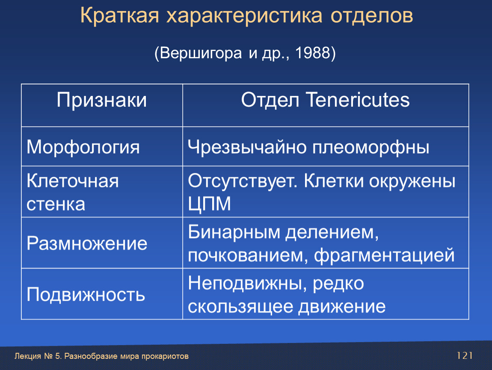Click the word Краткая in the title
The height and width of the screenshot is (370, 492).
[x=119, y=16]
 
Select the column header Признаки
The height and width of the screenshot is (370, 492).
[x=102, y=100]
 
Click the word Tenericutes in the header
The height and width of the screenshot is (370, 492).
[x=358, y=100]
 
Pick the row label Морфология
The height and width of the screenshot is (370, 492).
[x=83, y=147]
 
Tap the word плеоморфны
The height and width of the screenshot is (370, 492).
[x=371, y=147]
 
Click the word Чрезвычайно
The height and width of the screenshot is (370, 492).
[x=247, y=147]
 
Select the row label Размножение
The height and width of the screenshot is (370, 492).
[x=87, y=243]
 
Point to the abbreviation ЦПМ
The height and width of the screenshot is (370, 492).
[x=209, y=204]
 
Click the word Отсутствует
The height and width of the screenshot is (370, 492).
[x=243, y=181]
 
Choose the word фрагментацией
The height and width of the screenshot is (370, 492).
[x=384, y=255]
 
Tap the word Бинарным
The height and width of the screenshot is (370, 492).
[x=234, y=232]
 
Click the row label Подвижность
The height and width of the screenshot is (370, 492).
[x=86, y=295]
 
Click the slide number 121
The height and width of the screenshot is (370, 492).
[x=465, y=355]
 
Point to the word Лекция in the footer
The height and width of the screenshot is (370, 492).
[x=28, y=356]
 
